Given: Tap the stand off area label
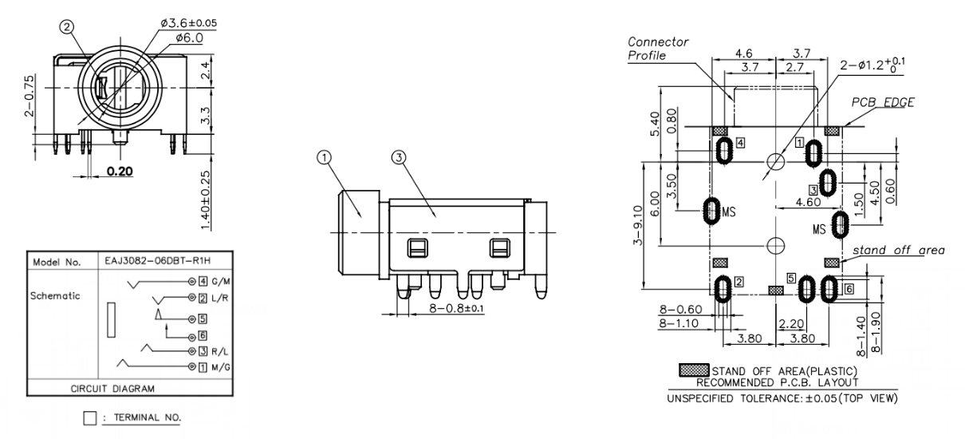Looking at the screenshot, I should pos(899,250).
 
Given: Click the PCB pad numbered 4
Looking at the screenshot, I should pos(724,149).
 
